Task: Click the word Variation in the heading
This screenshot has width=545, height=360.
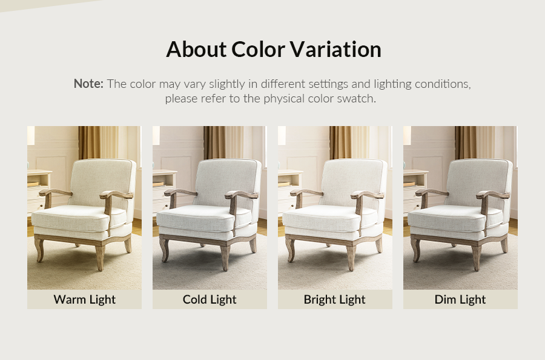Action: tap(335, 49)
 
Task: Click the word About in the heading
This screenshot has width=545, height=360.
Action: tap(196, 49)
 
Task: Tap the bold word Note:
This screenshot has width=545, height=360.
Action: tap(88, 84)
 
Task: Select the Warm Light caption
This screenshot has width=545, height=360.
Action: tap(84, 299)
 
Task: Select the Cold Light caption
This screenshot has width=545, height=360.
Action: tap(210, 299)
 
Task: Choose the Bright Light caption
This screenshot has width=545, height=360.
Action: tap(335, 299)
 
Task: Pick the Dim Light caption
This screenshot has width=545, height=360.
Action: tap(460, 299)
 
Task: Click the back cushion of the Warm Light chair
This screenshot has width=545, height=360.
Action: tap(102, 182)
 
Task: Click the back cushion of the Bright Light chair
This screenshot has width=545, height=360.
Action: tap(353, 182)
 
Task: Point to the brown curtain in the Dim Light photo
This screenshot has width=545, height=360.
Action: tap(465, 142)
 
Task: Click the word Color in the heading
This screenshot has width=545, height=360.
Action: tap(259, 49)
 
